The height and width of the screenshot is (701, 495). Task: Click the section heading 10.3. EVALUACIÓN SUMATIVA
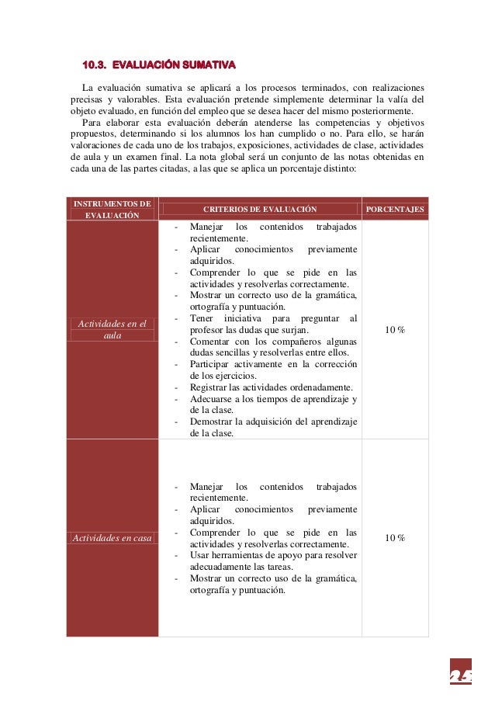159,62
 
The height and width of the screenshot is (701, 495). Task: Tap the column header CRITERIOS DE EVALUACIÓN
260,210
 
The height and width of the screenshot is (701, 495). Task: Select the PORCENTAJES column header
394,210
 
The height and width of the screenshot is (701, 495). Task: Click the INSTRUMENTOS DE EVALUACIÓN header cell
112,209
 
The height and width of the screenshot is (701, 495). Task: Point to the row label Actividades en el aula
112,329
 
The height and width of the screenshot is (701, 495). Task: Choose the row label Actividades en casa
112,538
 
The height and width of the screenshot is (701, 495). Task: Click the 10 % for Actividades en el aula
394,330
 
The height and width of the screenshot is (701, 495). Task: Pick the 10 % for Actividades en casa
394,538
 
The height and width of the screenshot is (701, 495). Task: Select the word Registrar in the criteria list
209,388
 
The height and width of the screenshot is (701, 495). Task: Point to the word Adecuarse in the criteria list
212,400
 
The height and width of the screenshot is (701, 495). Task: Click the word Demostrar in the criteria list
212,422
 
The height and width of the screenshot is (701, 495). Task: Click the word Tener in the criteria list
202,318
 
